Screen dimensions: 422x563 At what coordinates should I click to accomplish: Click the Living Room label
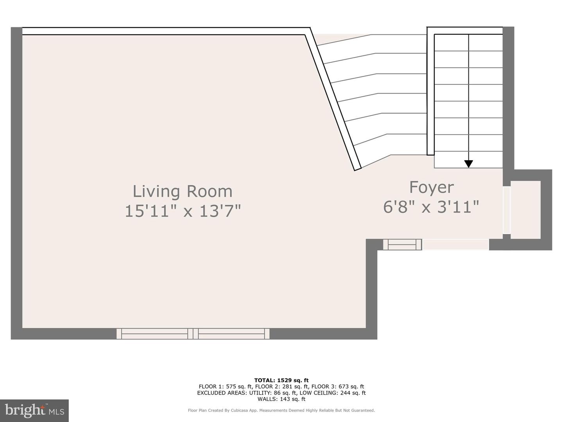(x=183, y=191)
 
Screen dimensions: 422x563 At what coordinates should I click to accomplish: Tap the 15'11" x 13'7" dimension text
(x=183, y=211)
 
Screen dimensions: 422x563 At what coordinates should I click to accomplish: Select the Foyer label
(x=431, y=187)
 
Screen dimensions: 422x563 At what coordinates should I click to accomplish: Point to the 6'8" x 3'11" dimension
(x=431, y=207)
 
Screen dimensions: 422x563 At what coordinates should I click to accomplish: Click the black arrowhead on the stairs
(x=468, y=164)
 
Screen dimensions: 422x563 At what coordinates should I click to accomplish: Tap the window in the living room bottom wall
(x=193, y=334)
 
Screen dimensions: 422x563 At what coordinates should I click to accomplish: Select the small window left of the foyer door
(x=402, y=245)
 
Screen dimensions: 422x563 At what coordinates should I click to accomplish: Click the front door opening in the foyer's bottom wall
(x=455, y=245)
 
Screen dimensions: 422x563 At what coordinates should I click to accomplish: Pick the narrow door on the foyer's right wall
(x=506, y=210)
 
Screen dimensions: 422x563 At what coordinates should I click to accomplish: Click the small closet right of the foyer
(x=525, y=210)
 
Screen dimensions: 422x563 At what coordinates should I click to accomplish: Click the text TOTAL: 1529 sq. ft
(x=281, y=380)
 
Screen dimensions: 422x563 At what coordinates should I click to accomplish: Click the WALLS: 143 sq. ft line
(x=281, y=399)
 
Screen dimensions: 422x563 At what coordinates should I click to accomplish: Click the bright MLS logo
(x=34, y=410)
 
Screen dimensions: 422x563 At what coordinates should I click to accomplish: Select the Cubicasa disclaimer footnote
(x=281, y=410)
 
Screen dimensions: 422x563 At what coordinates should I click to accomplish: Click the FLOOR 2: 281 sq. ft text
(x=281, y=386)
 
